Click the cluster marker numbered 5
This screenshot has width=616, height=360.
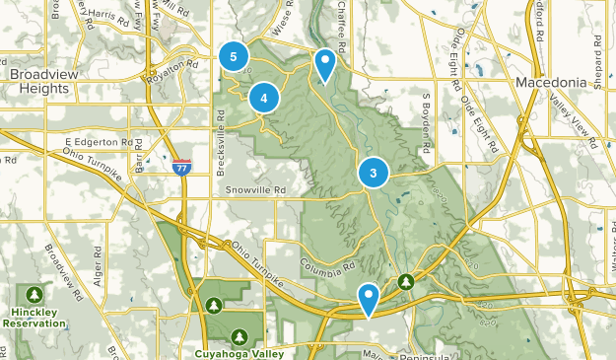(234, 58)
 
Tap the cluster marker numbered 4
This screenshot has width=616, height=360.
(264, 98)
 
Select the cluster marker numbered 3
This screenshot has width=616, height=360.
(374, 174)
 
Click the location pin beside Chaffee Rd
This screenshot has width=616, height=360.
(324, 65)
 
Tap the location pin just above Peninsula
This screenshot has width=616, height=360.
(369, 298)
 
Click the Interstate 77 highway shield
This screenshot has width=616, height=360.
(181, 168)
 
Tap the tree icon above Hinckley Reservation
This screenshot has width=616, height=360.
(35, 294)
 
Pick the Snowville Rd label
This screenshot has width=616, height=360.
(254, 189)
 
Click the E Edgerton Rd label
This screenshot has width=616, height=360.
(99, 143)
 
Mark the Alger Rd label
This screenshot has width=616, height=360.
(99, 267)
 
